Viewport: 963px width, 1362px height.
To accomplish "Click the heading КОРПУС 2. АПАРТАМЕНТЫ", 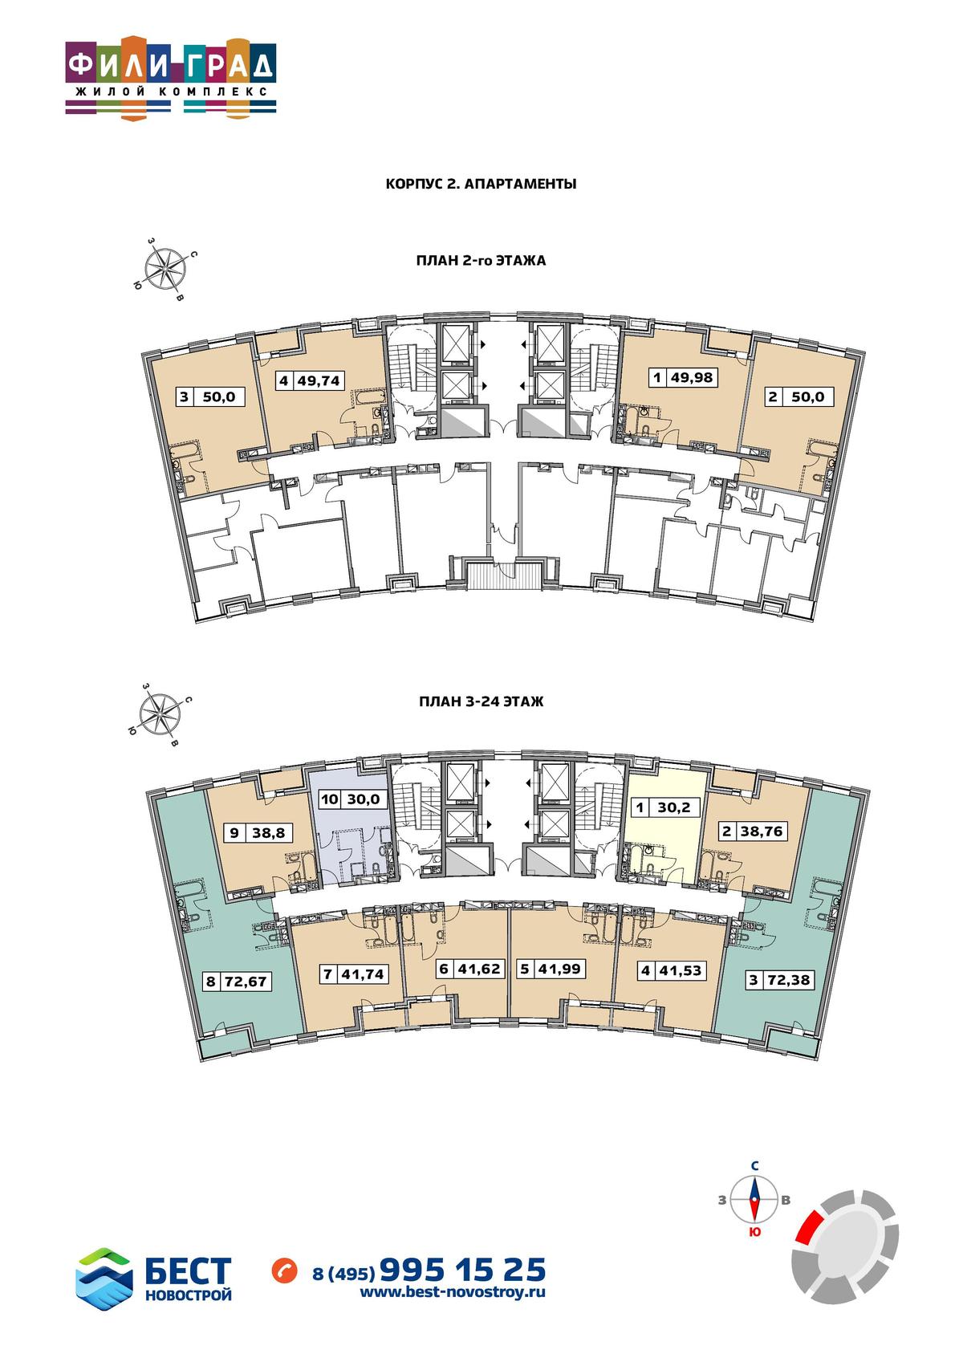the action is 481,184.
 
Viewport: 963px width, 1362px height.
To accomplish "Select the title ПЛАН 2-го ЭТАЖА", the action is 481,261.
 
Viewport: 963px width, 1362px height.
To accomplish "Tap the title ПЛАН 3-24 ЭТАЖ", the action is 481,701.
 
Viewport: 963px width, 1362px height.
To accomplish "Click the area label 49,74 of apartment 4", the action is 319,381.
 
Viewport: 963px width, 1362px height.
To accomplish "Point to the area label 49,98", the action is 691,377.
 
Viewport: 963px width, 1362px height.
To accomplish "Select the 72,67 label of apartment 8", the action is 246,982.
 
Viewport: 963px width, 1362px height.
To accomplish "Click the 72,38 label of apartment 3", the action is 789,980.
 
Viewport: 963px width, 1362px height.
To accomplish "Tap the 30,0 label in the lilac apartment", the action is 363,799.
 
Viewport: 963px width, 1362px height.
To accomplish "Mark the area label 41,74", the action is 363,974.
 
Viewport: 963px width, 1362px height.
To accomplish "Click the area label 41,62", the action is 478,969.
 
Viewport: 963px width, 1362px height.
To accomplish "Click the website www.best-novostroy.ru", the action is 453,1292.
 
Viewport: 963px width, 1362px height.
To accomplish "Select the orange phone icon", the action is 285,1271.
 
